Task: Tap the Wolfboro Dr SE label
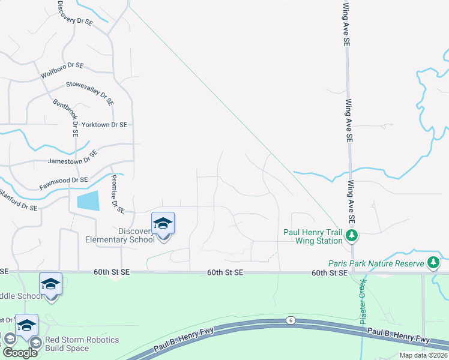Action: [x=62, y=70]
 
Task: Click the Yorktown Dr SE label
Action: [x=104, y=125]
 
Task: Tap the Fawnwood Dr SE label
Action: [x=64, y=180]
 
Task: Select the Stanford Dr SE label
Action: [x=19, y=201]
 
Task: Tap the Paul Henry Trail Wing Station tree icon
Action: [x=352, y=236]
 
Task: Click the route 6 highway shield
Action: [x=291, y=320]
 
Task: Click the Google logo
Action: [x=20, y=353]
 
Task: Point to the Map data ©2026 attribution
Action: [x=423, y=355]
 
